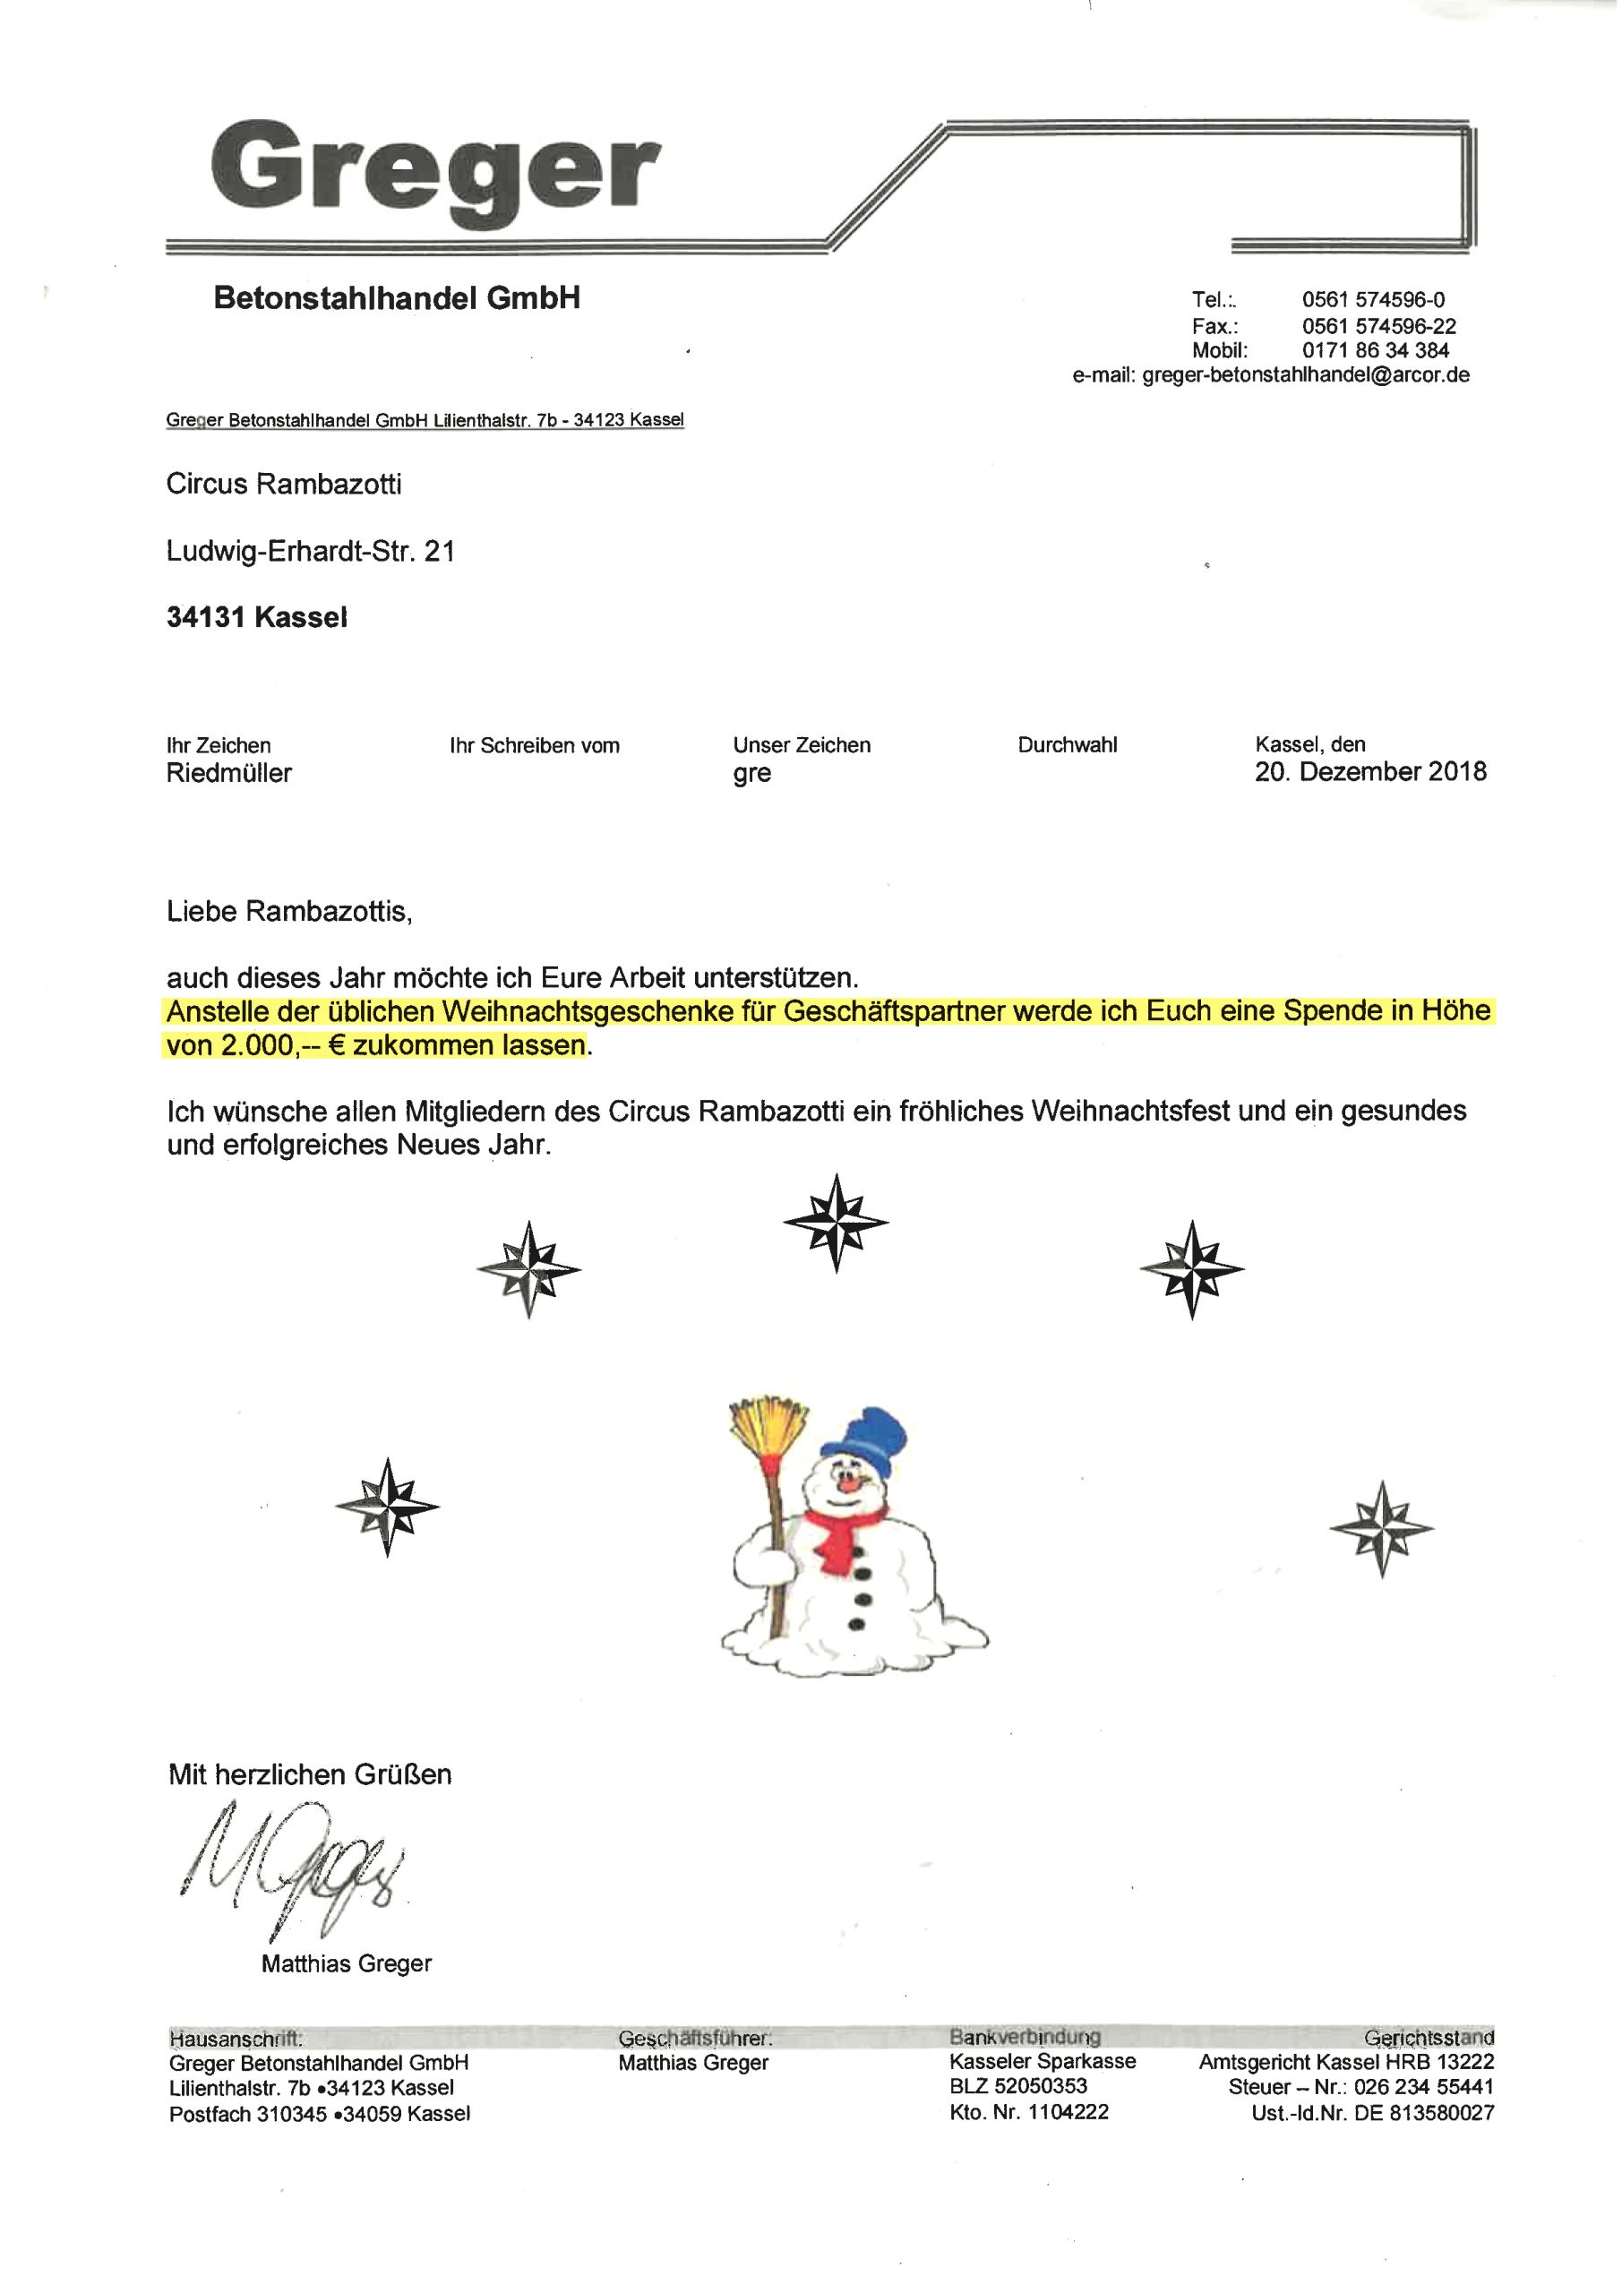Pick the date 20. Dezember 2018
(1370, 772)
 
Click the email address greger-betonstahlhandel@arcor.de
(1305, 375)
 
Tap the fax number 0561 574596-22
(1378, 327)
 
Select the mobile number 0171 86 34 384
(1376, 350)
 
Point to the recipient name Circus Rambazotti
(284, 485)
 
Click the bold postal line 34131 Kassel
(257, 618)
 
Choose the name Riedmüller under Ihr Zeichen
(228, 773)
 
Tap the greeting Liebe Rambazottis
(288, 912)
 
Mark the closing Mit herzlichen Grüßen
(310, 1774)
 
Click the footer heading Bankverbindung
(1025, 2036)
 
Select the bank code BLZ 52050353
(1017, 2086)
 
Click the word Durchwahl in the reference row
(1067, 745)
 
